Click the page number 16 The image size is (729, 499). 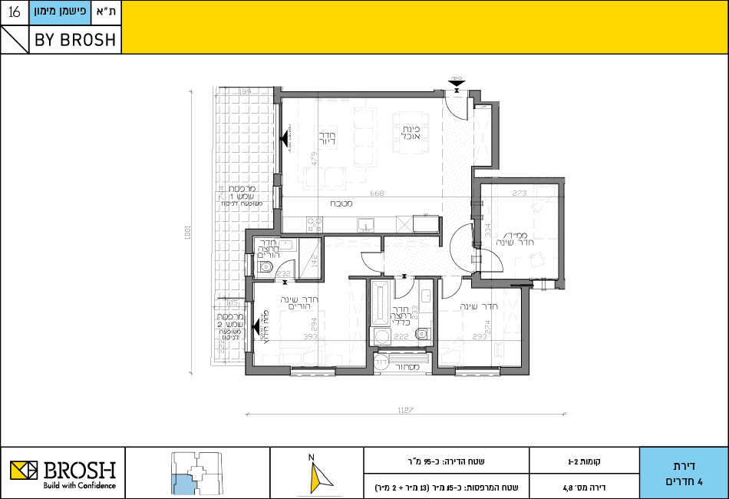pyautogui.click(x=14, y=13)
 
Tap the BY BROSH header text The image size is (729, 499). pyautogui.click(x=75, y=41)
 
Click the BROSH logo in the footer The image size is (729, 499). pyautogui.click(x=63, y=472)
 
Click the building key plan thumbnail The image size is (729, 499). pyautogui.click(x=197, y=473)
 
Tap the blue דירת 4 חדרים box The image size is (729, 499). pyautogui.click(x=683, y=473)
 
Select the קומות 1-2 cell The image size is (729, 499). pyautogui.click(x=584, y=462)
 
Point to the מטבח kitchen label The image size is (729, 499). pyautogui.click(x=341, y=204)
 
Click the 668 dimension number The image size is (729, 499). pyautogui.click(x=376, y=193)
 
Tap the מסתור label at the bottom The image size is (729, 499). pyautogui.click(x=404, y=367)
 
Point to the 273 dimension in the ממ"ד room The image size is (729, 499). pyautogui.click(x=520, y=193)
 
